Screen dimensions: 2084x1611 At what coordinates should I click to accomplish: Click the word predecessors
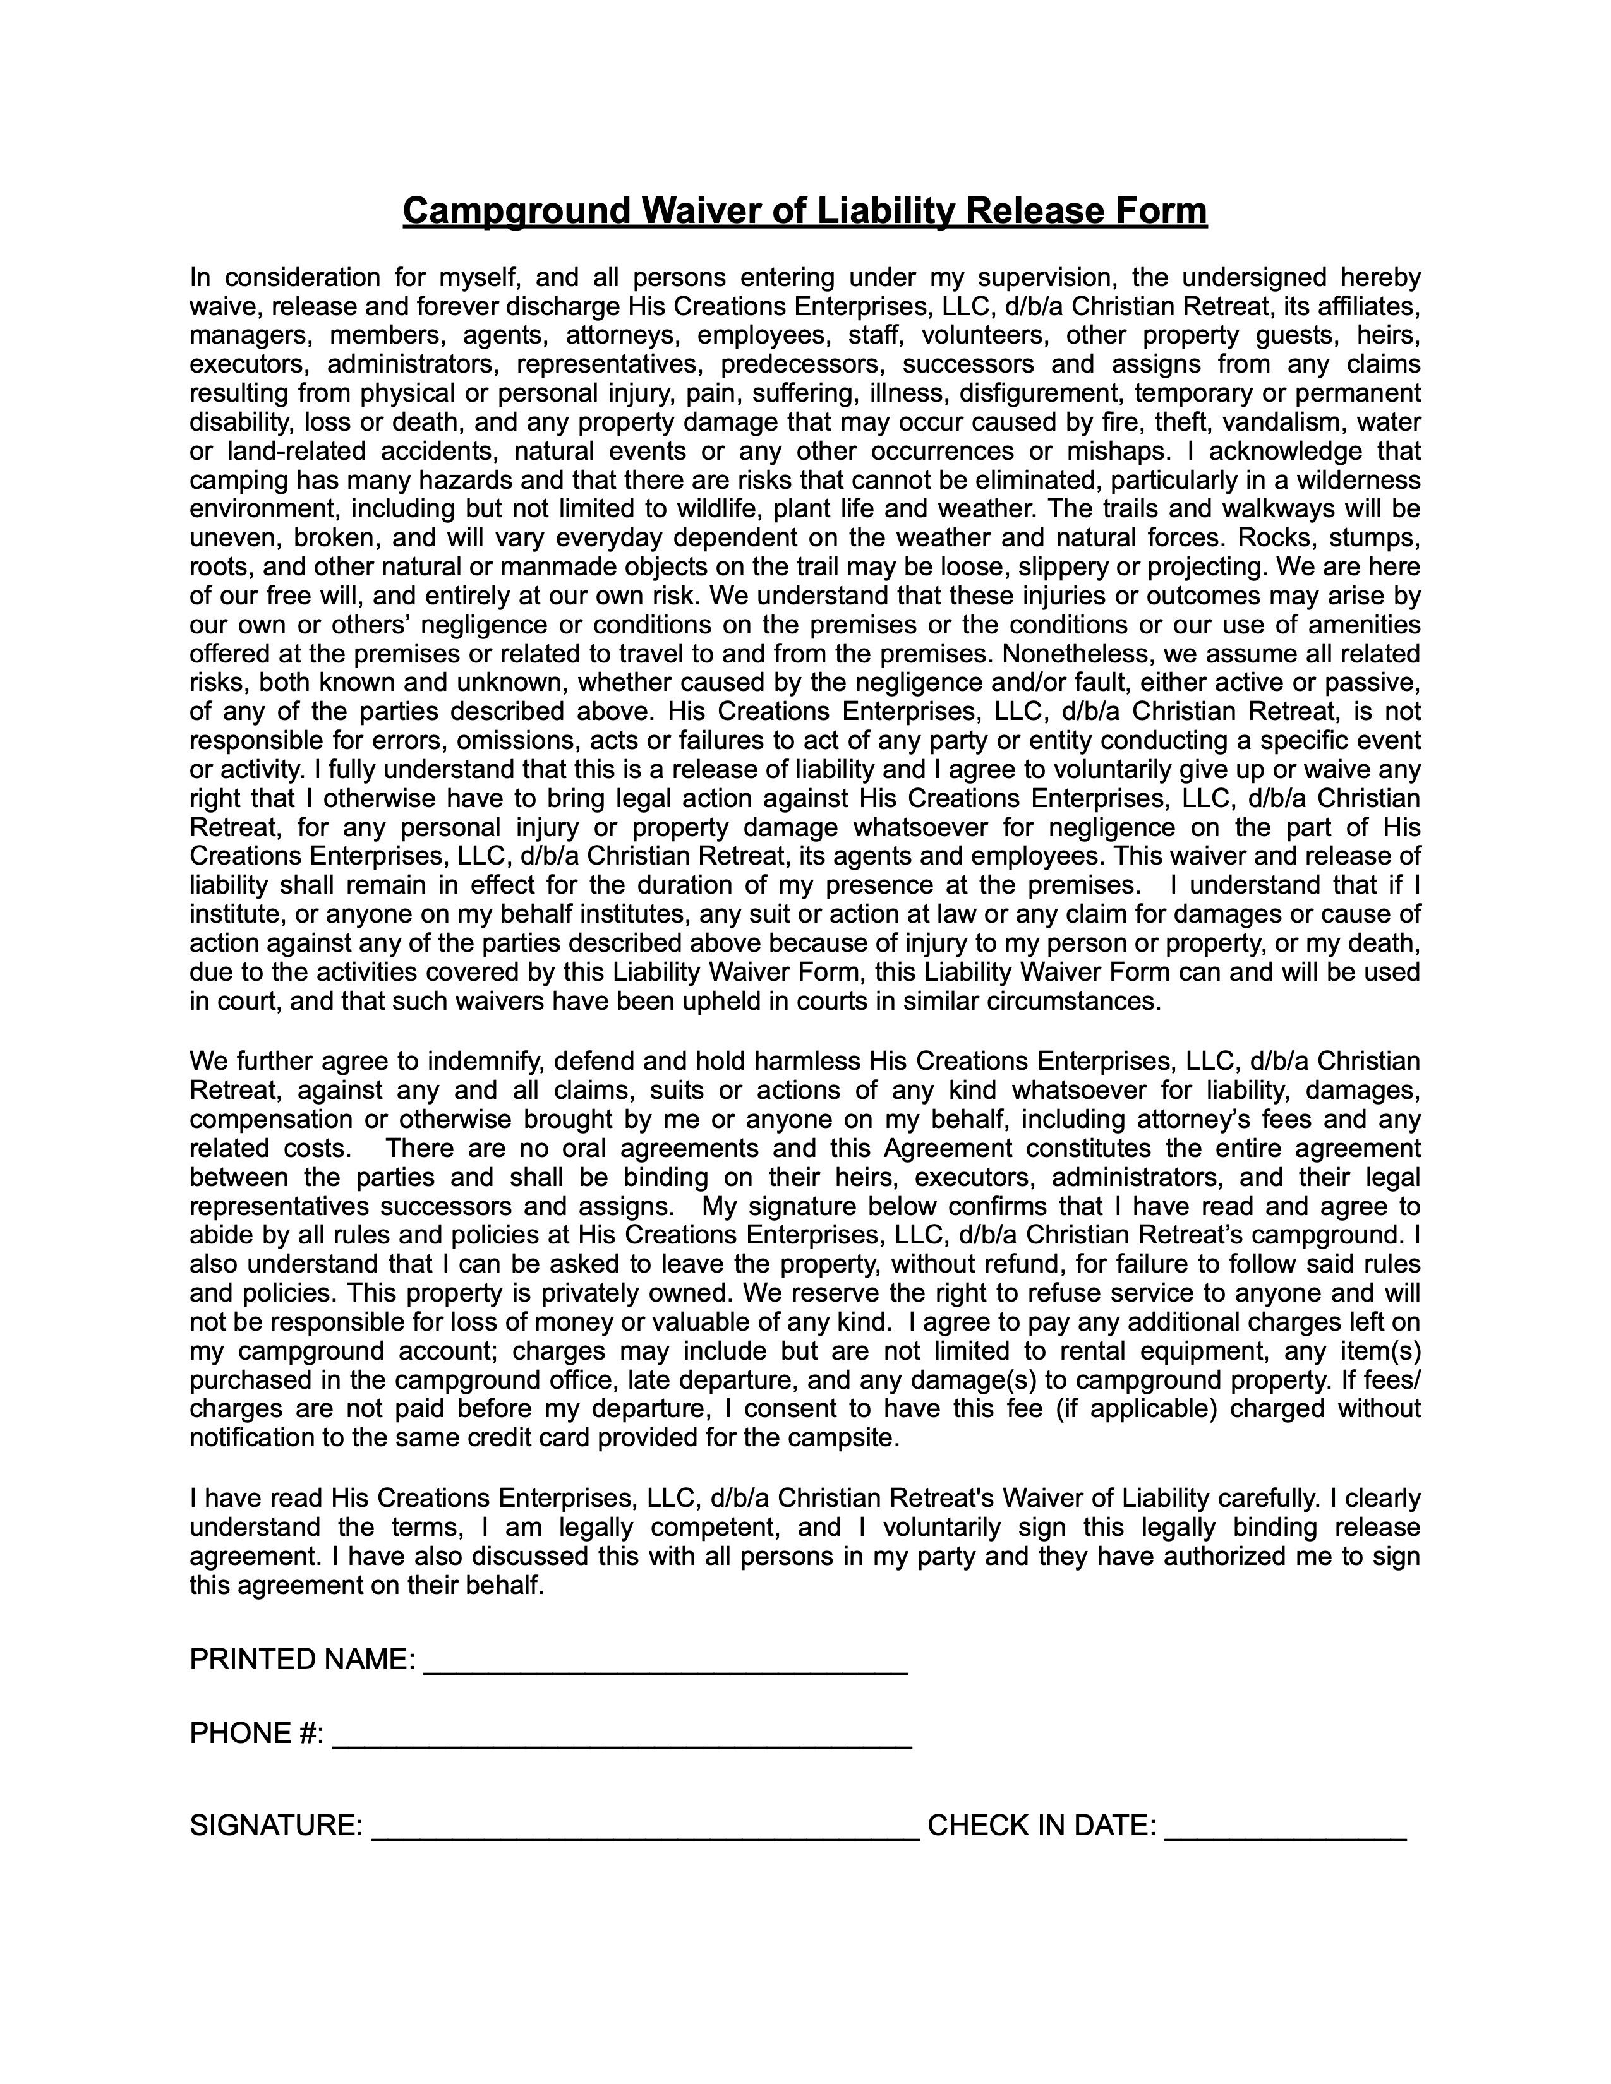(x=804, y=364)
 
